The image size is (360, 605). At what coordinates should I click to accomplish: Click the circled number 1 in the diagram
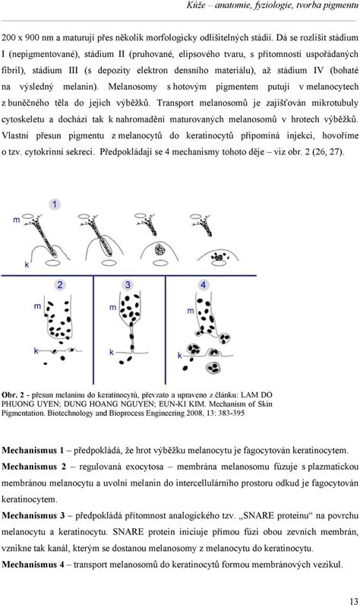tap(55, 205)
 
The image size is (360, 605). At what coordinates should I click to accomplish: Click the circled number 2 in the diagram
tap(58, 285)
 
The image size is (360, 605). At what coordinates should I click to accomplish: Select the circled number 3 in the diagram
tap(130, 285)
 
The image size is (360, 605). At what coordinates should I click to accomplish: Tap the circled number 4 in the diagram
tap(204, 285)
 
